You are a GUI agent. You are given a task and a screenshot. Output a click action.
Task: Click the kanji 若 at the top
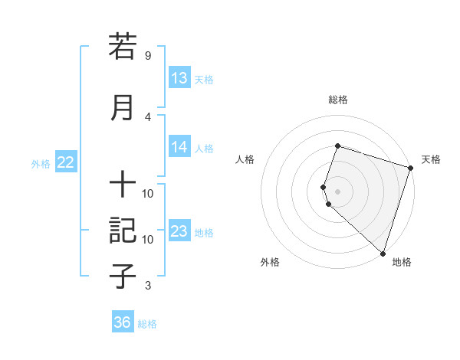pos(123,47)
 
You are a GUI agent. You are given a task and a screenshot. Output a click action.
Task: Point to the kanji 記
pos(123,230)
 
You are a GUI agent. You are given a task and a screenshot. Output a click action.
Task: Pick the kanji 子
pos(123,275)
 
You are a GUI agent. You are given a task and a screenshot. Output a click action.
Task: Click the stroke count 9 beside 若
pos(148,56)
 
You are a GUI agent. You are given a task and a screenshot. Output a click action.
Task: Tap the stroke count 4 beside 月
pos(148,116)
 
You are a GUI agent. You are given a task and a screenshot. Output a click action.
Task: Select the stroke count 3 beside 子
pos(148,286)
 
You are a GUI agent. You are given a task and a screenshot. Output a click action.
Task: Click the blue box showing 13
pos(179,78)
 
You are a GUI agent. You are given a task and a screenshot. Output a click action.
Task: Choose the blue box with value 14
pos(179,148)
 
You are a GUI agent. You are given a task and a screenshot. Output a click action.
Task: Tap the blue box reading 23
pos(179,231)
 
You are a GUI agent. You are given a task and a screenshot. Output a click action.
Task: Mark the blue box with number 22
pos(65,162)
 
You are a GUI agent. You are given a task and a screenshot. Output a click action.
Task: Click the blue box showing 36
pos(123,322)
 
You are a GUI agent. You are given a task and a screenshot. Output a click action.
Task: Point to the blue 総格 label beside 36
pos(147,324)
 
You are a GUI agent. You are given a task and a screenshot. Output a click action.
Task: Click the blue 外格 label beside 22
pos(41,163)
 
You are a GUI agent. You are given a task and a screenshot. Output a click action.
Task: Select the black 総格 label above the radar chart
pos(338,100)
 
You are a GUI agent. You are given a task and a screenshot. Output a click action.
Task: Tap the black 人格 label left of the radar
pos(245,159)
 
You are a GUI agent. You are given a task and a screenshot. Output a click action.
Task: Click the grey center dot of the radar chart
pos(338,191)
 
